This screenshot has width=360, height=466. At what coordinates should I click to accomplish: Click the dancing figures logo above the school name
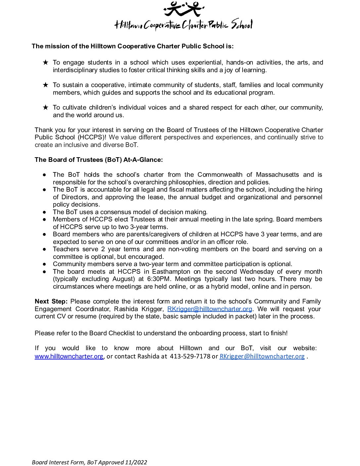click(x=184, y=9)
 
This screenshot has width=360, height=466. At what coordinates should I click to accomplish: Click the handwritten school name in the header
click(x=183, y=25)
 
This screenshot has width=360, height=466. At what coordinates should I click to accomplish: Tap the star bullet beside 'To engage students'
click(x=46, y=63)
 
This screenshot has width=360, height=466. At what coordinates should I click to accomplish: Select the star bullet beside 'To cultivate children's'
click(x=46, y=108)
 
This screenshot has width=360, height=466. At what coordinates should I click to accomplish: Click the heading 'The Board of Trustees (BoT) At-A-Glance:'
click(x=99, y=160)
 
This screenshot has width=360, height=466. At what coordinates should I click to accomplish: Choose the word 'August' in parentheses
click(x=123, y=279)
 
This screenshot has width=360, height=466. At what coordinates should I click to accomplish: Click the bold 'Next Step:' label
click(x=51, y=302)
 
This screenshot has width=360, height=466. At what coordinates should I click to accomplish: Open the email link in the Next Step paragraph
click(x=210, y=309)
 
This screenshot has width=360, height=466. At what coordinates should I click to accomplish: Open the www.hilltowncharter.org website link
click(x=69, y=356)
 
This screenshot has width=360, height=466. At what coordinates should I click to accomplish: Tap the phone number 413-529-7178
click(x=190, y=356)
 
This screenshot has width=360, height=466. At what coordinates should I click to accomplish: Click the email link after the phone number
click(x=262, y=356)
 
